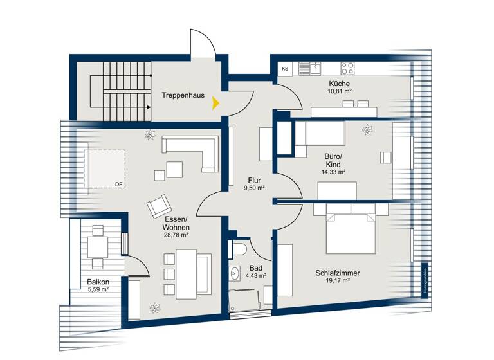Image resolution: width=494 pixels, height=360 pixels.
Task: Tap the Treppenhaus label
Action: click(183, 95)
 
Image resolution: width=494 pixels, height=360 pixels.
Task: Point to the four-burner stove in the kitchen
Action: click(348, 67)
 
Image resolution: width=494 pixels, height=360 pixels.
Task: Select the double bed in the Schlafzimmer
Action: click(351, 229)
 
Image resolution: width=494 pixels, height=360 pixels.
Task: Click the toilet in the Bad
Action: click(240, 250)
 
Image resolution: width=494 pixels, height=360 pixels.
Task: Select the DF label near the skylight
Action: click(118, 184)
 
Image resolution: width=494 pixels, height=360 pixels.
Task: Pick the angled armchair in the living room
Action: click(160, 206)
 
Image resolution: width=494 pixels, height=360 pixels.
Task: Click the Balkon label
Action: click(98, 282)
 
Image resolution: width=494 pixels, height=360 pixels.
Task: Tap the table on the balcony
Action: click(98, 247)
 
